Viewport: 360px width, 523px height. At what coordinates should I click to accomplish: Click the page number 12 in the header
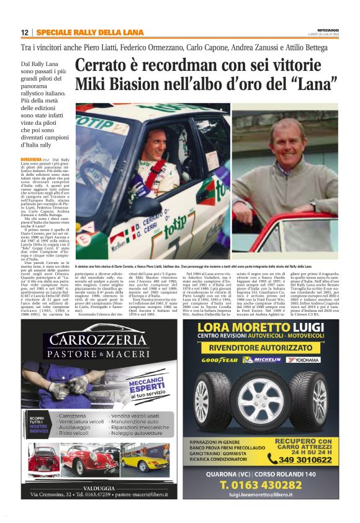click(x=24, y=33)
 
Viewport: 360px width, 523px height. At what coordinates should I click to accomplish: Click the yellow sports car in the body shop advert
click(x=144, y=459)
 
